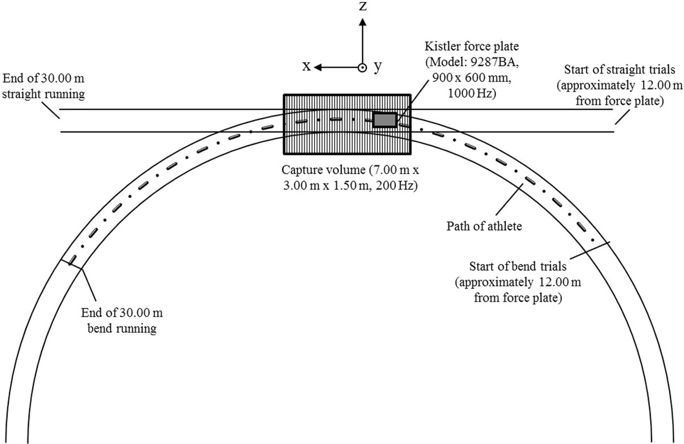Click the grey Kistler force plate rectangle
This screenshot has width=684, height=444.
[x=385, y=120]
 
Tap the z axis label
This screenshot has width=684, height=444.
[x=363, y=6]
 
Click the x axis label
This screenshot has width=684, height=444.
[x=306, y=66]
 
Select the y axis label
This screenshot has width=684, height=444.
[x=378, y=67]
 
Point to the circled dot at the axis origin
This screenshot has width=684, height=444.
[x=363, y=67]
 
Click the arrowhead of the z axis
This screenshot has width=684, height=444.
[x=363, y=22]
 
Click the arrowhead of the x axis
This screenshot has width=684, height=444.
[x=318, y=67]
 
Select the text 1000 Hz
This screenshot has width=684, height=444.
[x=471, y=93]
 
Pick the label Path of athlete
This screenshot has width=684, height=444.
[x=484, y=227]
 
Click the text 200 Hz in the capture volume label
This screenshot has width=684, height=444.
[x=396, y=186]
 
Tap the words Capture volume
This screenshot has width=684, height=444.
[x=323, y=170]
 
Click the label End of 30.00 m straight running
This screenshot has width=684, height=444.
[x=43, y=87]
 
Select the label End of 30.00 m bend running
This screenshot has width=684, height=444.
[x=122, y=320]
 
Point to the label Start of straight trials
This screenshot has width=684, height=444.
[x=620, y=69]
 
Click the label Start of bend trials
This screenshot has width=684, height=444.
[x=518, y=266]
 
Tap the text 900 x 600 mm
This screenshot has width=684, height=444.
[x=471, y=78]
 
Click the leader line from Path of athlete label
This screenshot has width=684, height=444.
[x=510, y=200]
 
